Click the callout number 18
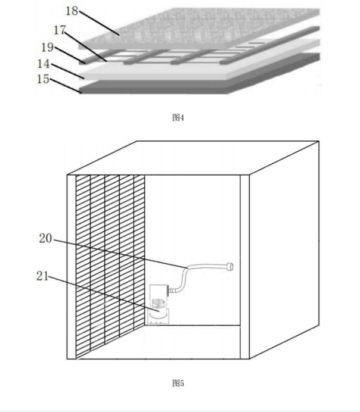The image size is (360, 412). [x=72, y=11]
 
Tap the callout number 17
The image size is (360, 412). [x=60, y=30]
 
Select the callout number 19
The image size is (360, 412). [x=47, y=47]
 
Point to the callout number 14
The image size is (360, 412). [x=44, y=64]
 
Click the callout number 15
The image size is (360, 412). [x=43, y=79]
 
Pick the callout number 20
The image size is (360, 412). [x=45, y=238]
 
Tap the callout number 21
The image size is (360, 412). [x=42, y=276]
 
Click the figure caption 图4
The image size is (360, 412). [x=178, y=117]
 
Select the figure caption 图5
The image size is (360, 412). [x=178, y=383]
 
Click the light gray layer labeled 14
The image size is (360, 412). [x=199, y=60]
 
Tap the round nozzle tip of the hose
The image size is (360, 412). [x=229, y=267]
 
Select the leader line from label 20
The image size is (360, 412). [x=120, y=254]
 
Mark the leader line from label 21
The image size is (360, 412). [x=104, y=294]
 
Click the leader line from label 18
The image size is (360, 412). [x=99, y=23]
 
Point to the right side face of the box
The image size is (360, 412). [x=284, y=249]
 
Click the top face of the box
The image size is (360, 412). [x=193, y=158]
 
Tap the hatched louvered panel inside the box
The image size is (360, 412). [x=110, y=267]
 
